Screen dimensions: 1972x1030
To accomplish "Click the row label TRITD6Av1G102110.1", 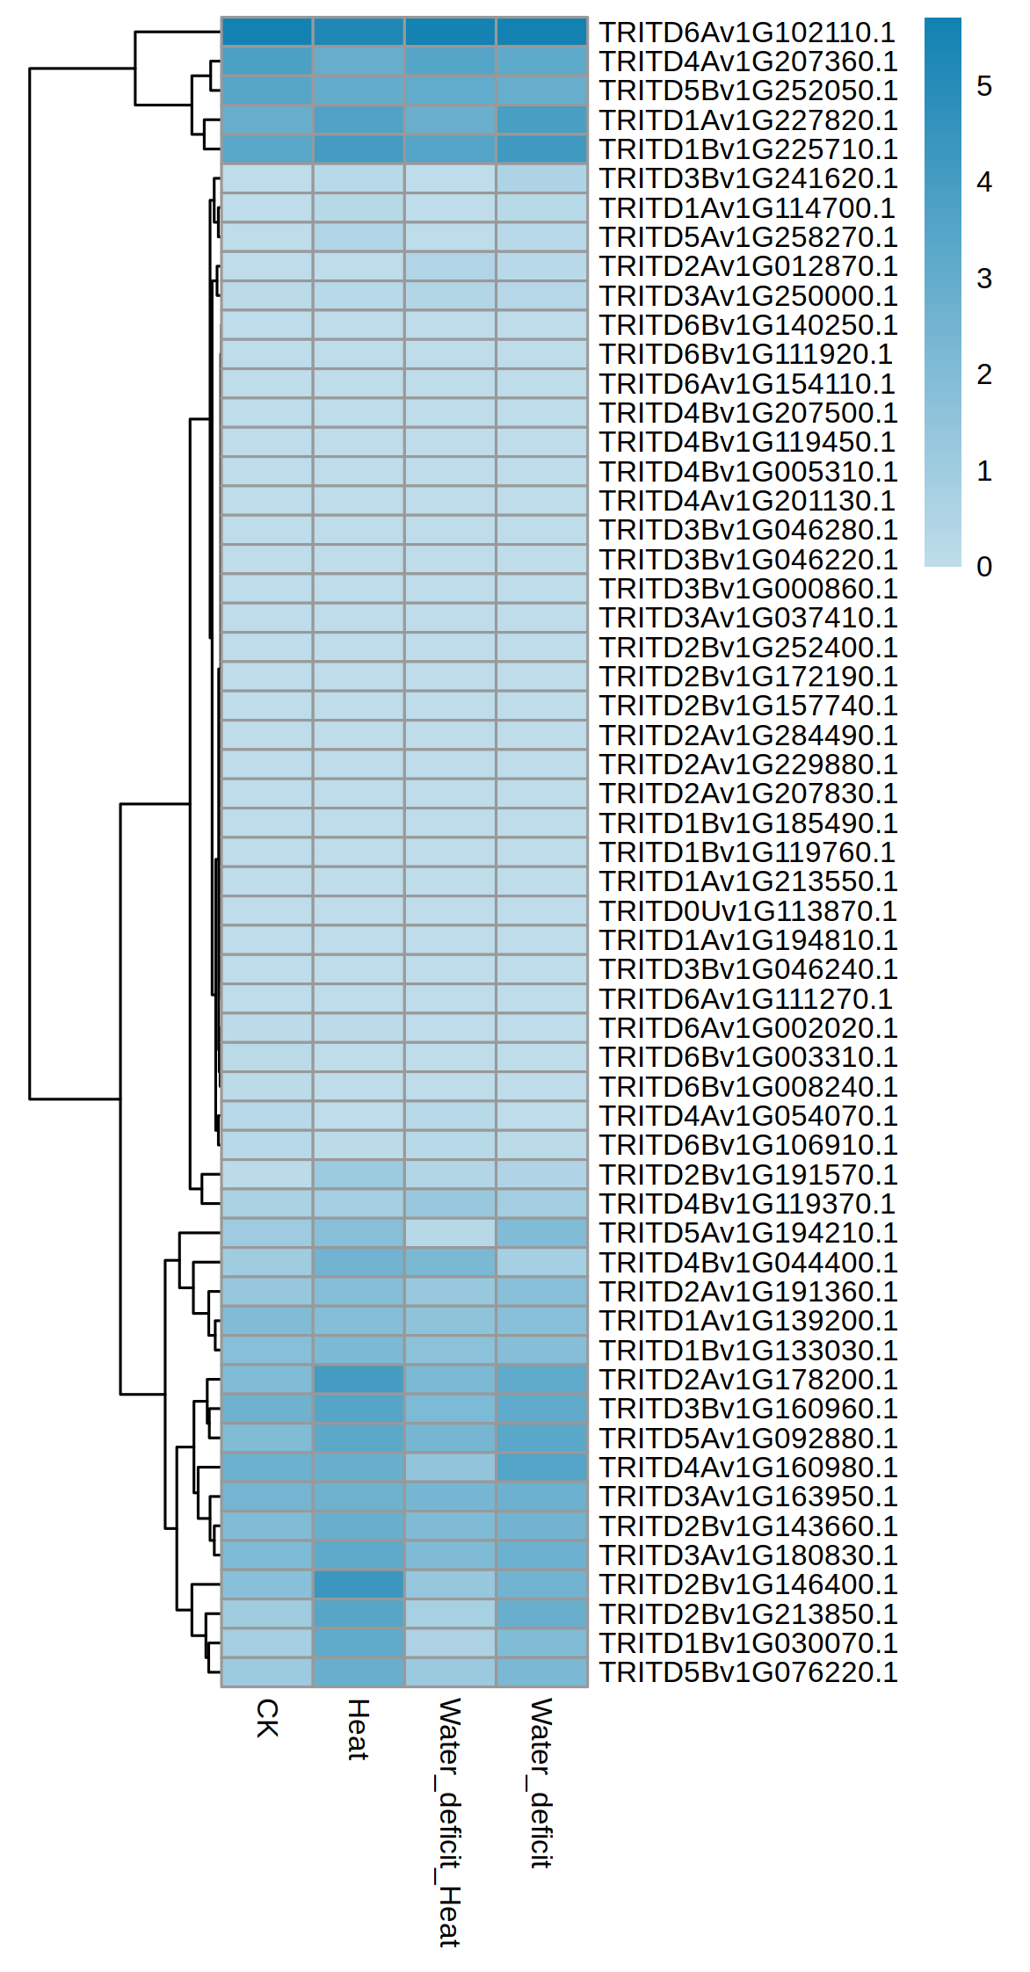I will (747, 33).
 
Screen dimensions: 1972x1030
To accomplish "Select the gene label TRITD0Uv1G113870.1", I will (747, 910).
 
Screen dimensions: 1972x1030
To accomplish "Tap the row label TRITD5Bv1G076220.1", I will (747, 1672).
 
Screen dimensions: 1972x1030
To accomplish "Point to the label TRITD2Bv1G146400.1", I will (747, 1584).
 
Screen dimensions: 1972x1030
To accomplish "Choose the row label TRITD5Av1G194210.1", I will (747, 1233).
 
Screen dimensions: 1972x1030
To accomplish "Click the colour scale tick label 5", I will (984, 86).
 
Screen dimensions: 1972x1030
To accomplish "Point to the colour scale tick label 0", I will (984, 567).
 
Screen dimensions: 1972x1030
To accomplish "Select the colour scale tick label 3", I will (984, 279).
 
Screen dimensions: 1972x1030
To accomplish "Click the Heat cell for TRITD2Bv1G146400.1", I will (359, 1584).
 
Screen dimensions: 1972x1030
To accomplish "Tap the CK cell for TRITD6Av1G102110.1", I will (267, 33).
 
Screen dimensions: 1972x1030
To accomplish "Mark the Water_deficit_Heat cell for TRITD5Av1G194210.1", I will (450, 1233).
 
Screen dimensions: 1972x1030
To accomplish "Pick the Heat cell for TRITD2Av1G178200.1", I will (359, 1380).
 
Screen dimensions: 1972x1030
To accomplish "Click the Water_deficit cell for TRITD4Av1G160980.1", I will (541, 1468).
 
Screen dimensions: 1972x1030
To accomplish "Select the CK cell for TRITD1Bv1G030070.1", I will (267, 1643).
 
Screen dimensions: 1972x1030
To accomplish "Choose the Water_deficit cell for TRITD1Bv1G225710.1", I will (541, 149).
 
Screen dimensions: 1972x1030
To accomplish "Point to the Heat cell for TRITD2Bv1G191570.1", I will (359, 1175).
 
